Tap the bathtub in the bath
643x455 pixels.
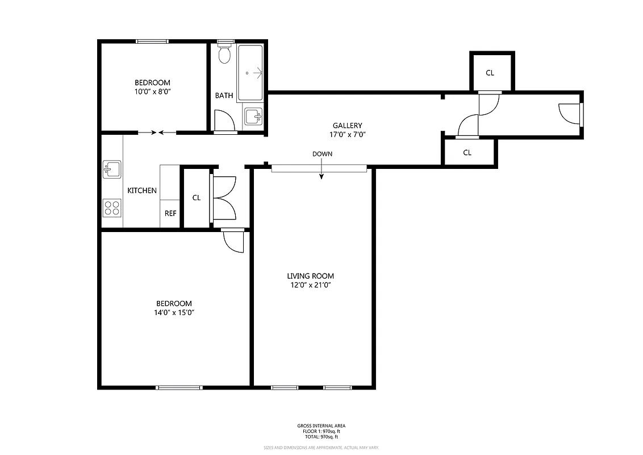[x=250, y=73]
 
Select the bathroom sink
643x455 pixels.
[x=253, y=117]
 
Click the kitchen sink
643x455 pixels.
[x=111, y=169]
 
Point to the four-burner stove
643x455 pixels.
[x=112, y=208]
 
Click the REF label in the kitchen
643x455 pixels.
[x=170, y=214]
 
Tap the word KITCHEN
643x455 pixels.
[x=142, y=191]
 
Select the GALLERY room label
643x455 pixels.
[x=347, y=126]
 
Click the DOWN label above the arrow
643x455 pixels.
[x=322, y=154]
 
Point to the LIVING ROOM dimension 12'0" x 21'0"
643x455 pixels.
[x=310, y=286]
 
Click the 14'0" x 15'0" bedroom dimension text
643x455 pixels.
[x=174, y=313]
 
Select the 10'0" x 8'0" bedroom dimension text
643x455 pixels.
[x=152, y=92]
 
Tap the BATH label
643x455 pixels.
[x=224, y=96]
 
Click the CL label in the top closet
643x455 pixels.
[x=490, y=73]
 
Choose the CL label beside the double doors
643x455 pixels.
[x=197, y=198]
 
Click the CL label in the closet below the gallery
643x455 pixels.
[x=467, y=152]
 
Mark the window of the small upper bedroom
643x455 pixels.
[x=152, y=41]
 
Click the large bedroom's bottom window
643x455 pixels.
[x=179, y=387]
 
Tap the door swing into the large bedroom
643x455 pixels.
[x=233, y=241]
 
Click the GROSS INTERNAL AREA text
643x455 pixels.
[x=321, y=425]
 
